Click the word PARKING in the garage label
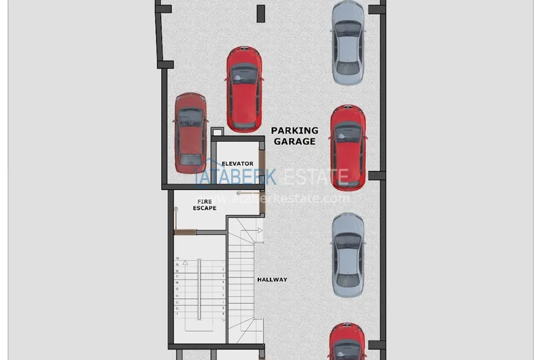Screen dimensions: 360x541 pyautogui.click(x=295, y=130)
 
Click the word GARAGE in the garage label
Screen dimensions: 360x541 pyautogui.click(x=295, y=141)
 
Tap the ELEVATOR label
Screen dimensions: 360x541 pyautogui.click(x=237, y=163)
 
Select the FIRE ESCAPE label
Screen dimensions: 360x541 pyautogui.click(x=204, y=205)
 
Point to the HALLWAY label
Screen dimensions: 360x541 pyautogui.click(x=272, y=279)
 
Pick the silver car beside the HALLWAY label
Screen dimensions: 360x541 pyautogui.click(x=348, y=254)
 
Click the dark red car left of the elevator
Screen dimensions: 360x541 pyautogui.click(x=190, y=132)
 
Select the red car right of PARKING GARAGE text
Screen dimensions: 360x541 pyautogui.click(x=348, y=146)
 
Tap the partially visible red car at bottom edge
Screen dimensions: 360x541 pyautogui.click(x=348, y=343)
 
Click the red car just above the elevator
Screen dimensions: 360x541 pyautogui.click(x=244, y=87)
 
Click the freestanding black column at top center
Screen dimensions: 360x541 pyautogui.click(x=260, y=13)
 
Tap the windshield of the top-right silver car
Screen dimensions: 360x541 pyautogui.click(x=348, y=29)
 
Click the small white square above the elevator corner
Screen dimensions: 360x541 pyautogui.click(x=215, y=132)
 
